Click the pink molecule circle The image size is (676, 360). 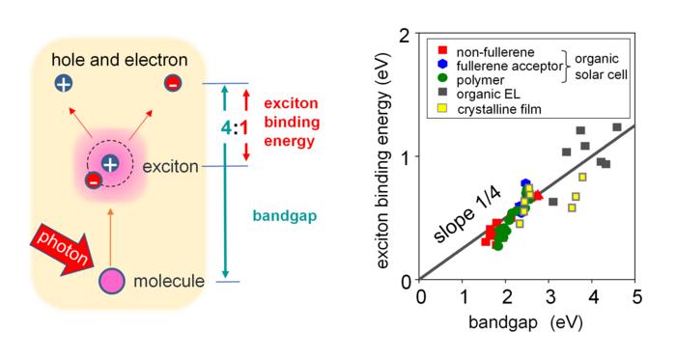[x=111, y=281]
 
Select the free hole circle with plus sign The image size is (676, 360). [x=64, y=83]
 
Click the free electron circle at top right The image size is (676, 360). [x=173, y=83]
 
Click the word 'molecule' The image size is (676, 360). [x=168, y=282]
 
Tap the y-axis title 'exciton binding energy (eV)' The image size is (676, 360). [x=384, y=158]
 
